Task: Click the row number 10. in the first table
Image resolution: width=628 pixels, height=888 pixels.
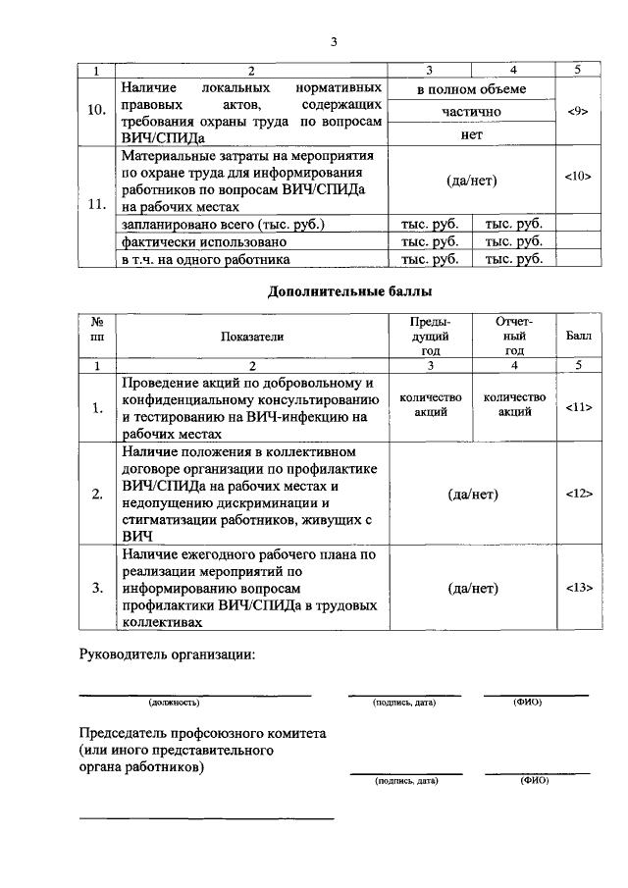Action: pyautogui.click(x=97, y=110)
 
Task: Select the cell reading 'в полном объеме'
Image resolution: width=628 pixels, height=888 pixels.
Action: pyautogui.click(x=471, y=89)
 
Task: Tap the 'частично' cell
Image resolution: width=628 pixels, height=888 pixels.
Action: pyautogui.click(x=471, y=112)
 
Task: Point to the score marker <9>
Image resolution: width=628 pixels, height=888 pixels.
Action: pyautogui.click(x=577, y=112)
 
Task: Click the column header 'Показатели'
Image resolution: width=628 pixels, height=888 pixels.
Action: pyautogui.click(x=252, y=336)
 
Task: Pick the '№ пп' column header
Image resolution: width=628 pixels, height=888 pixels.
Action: pyautogui.click(x=97, y=329)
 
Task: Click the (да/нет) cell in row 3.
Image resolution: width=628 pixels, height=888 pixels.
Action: pyautogui.click(x=472, y=588)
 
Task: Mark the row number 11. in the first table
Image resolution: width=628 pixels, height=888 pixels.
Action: pyautogui.click(x=97, y=204)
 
